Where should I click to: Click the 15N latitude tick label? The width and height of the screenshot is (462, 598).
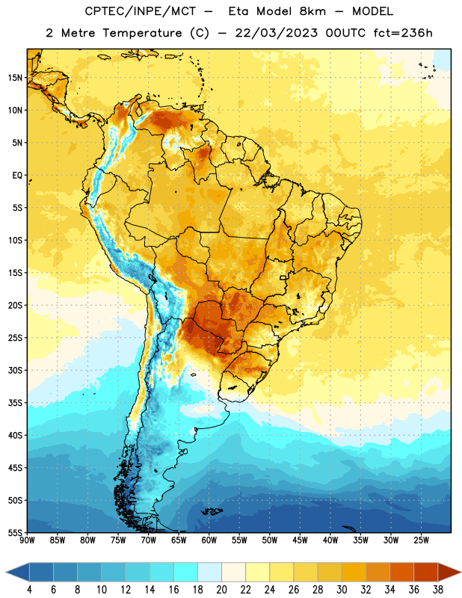coord(15,78)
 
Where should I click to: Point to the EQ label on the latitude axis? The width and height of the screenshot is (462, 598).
coord(17,176)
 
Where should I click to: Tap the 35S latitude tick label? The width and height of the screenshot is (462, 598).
coord(15,403)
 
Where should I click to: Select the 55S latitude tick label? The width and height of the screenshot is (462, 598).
coord(15,533)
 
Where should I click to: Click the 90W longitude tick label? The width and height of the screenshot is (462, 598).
coord(27,540)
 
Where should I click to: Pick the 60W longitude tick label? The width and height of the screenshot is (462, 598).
coord(209,540)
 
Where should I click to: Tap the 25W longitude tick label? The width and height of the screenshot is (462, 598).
coord(421,540)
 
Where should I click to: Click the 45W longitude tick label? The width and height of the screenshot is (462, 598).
coord(300,540)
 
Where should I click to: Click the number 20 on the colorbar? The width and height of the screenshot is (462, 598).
coord(221,590)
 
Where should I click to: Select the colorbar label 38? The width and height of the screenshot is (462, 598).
coord(438,590)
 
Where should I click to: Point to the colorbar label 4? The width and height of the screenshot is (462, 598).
coord(29,590)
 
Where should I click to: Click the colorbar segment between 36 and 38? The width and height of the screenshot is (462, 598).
coord(426,572)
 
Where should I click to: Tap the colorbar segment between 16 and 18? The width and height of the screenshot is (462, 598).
coord(186,572)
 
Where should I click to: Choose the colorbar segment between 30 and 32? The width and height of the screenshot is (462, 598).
coord(354,572)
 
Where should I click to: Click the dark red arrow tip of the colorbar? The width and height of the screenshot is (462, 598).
coord(461,572)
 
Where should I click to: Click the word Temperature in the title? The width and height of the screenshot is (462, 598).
coord(142,33)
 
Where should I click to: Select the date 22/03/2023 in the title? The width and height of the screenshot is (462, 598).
coord(276,33)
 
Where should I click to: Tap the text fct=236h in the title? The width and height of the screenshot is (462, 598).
coord(403,33)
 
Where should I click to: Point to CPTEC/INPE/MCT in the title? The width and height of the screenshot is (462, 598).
coord(140,11)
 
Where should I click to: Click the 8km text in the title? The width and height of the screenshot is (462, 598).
coord(312,11)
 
